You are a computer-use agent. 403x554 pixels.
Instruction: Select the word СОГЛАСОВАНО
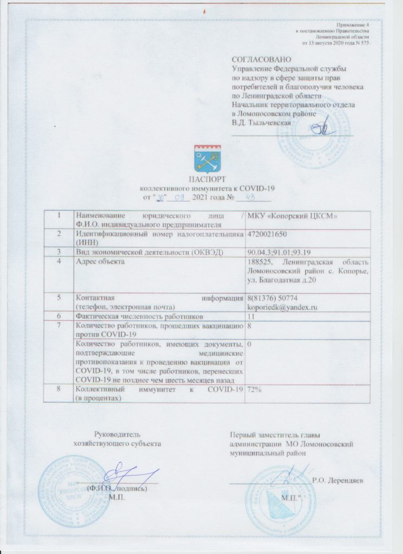click(x=261, y=59)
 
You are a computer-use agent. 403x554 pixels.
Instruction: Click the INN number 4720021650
click(x=268, y=235)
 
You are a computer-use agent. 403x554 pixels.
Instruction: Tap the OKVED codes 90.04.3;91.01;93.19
click(x=279, y=252)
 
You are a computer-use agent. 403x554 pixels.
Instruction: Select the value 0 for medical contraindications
click(x=249, y=344)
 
